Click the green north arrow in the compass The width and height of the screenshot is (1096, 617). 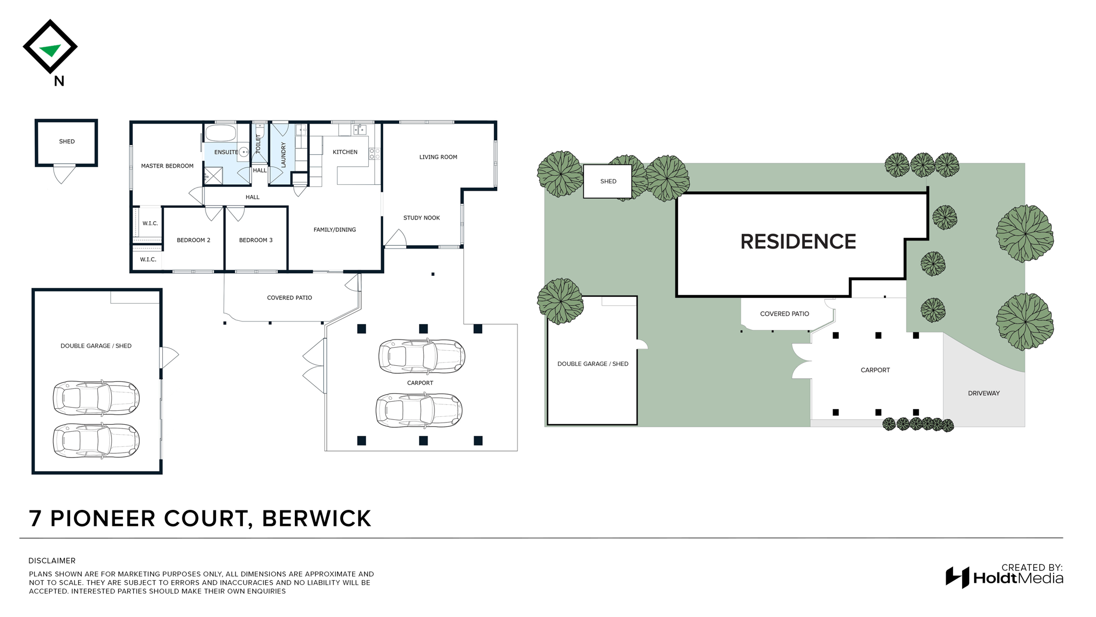(51, 50)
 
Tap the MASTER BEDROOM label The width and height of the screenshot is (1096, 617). (167, 166)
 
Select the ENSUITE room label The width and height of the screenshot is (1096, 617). (226, 152)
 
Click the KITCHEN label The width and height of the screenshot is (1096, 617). (345, 152)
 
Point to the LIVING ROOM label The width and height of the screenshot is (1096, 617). (438, 157)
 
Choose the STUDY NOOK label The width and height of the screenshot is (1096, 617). (422, 218)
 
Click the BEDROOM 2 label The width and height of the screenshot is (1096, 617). (194, 240)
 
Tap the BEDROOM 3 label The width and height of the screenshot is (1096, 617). (256, 240)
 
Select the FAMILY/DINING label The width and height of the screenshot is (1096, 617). (334, 230)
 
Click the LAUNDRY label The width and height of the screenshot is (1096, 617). (284, 155)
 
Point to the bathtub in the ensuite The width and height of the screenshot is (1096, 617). (220, 133)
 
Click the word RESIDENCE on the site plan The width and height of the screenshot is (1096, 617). (798, 242)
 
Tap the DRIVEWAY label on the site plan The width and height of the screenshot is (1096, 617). (984, 393)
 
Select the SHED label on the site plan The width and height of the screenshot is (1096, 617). (608, 182)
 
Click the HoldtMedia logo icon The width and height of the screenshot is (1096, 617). (957, 577)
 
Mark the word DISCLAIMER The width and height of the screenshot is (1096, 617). (52, 561)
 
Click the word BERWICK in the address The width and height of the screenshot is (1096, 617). (316, 518)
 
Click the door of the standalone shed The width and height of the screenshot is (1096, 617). (64, 174)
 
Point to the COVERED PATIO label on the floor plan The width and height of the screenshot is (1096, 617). (290, 298)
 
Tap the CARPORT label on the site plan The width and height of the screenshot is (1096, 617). (875, 370)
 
